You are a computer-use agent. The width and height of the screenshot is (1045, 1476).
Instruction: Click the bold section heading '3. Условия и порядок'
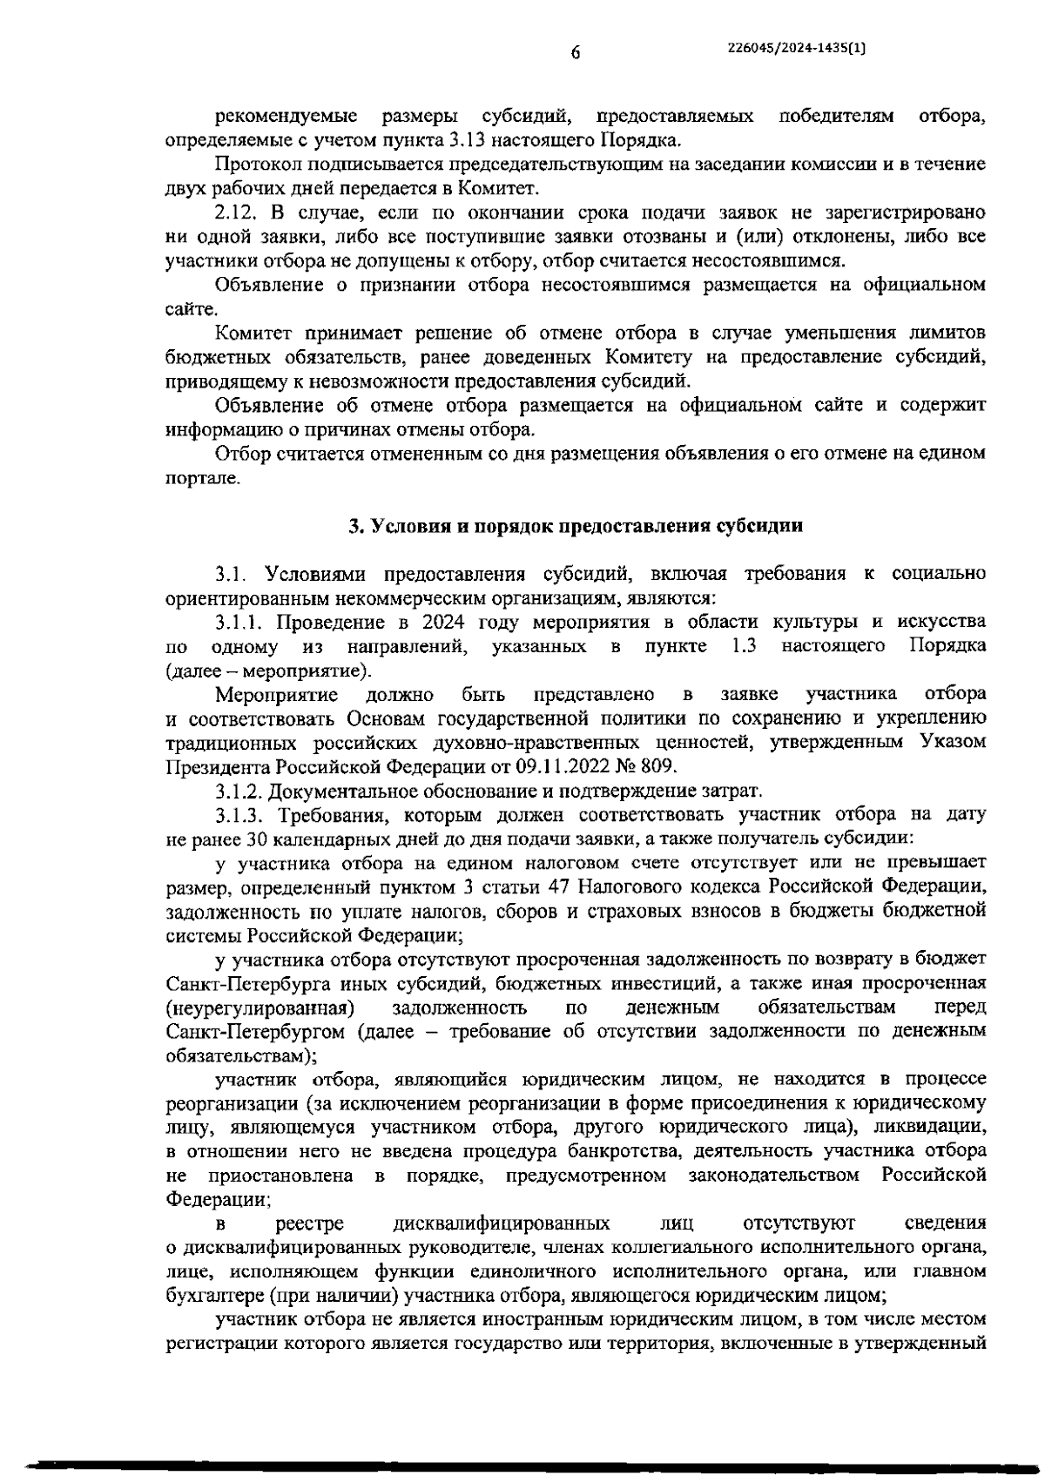pos(575,526)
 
